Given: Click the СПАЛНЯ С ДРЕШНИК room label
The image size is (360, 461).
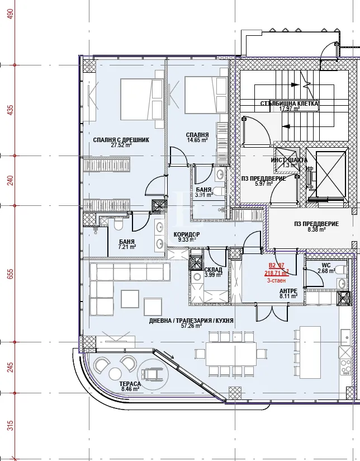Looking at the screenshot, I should (x=121, y=140).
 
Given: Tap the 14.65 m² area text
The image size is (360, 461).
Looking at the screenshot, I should (x=197, y=140).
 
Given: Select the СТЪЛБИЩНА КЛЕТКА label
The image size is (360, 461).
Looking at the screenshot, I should (x=290, y=104).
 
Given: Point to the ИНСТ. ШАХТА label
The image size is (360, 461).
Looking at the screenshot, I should (x=289, y=160).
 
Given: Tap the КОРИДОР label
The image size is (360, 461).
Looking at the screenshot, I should (x=187, y=234).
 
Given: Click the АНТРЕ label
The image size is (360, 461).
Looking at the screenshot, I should (x=288, y=291).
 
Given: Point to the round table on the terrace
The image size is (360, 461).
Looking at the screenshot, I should (x=116, y=373).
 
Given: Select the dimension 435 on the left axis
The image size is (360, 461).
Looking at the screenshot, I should (x=10, y=111).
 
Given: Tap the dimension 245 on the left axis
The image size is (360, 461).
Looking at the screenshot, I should (x=10, y=367).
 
